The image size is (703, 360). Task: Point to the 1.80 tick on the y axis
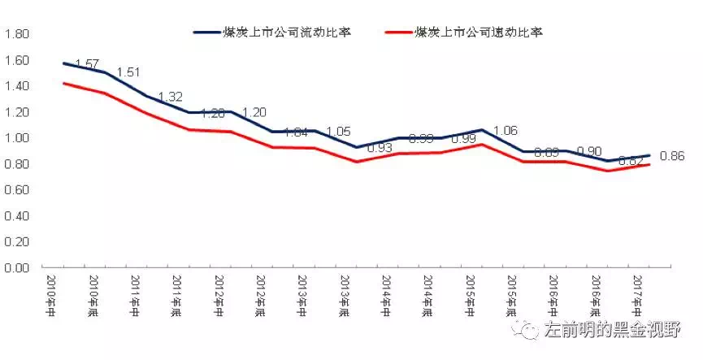click(17, 34)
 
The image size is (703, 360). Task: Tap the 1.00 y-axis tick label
click(17, 138)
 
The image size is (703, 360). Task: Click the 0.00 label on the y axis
click(17, 267)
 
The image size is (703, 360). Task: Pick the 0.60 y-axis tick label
click(17, 190)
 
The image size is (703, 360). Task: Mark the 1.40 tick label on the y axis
click(17, 86)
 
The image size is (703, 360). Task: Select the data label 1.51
click(128, 72)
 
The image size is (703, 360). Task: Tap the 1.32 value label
click(171, 97)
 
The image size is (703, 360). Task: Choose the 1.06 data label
click(506, 130)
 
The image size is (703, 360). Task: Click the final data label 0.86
click(674, 155)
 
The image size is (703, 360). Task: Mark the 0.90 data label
click(590, 152)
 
